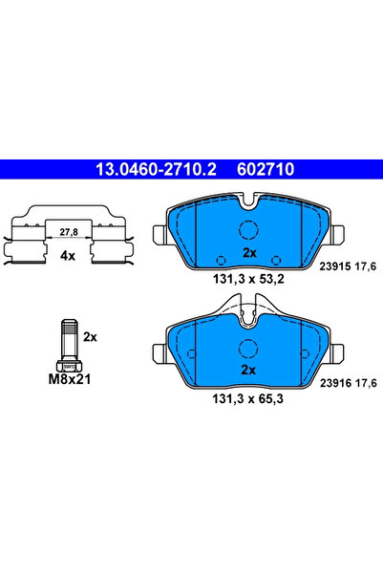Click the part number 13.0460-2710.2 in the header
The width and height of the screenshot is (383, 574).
(153, 169)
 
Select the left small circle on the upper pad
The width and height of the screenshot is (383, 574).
(221, 259)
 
